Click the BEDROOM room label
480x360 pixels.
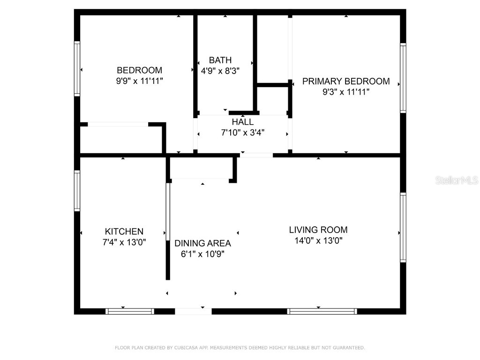click(x=139, y=70)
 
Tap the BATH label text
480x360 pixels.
click(x=220, y=60)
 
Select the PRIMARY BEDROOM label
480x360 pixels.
click(x=346, y=81)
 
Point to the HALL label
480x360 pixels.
click(x=242, y=122)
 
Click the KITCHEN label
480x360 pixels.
click(x=124, y=232)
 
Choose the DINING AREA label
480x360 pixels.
click(x=202, y=243)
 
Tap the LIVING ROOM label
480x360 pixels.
click(x=318, y=230)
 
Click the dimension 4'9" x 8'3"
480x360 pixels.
click(x=220, y=71)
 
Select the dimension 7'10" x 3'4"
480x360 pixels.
click(x=243, y=133)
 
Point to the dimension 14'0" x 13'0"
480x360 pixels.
click(x=318, y=240)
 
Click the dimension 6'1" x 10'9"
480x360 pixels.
click(x=202, y=254)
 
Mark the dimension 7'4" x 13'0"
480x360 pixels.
click(x=124, y=242)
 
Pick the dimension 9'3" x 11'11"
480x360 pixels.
click(x=346, y=92)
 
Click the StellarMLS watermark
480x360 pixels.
click(x=457, y=180)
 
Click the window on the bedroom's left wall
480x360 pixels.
click(x=77, y=68)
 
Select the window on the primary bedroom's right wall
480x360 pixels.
click(x=403, y=78)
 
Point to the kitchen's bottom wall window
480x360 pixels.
click(x=130, y=311)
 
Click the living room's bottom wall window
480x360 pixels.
click(x=322, y=311)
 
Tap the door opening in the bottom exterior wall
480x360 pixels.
click(x=193, y=311)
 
